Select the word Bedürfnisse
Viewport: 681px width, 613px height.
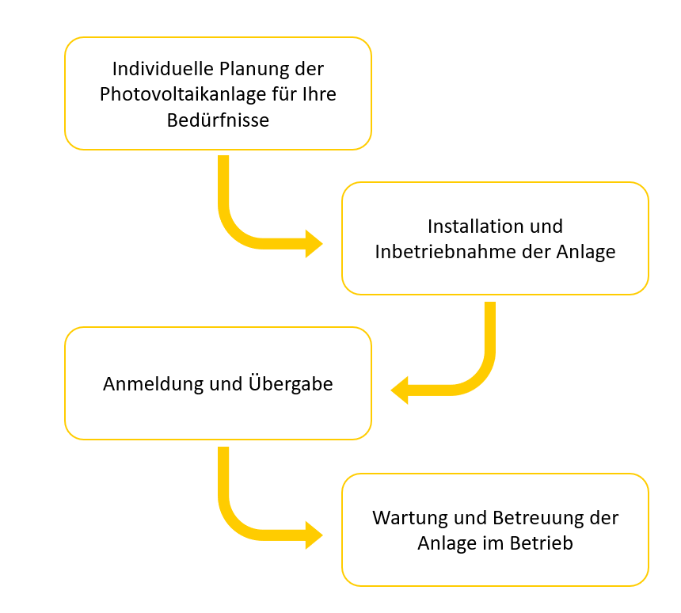click(218, 120)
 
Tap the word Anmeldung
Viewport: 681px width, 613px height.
click(150, 384)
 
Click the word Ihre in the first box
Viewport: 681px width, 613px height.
click(318, 94)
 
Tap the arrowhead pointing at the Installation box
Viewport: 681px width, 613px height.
click(314, 244)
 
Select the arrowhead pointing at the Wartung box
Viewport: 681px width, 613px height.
click(314, 535)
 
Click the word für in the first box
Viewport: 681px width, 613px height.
click(281, 94)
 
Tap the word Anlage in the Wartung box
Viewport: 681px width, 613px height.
click(443, 544)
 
